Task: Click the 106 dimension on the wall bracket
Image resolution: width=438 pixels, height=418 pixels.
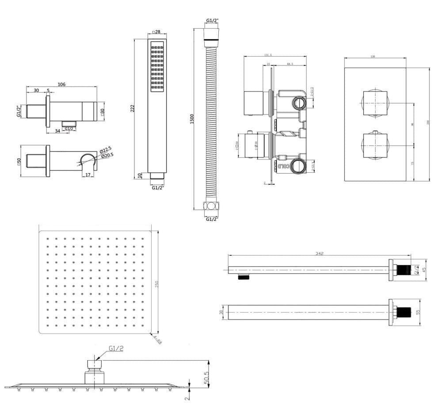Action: click(61, 84)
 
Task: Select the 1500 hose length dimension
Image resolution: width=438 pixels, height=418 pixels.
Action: click(192, 119)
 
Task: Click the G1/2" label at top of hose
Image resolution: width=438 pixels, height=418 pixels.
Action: click(212, 21)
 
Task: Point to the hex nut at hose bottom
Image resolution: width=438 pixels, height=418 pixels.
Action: click(212, 206)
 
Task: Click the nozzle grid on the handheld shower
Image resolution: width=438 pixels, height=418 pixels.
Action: click(157, 68)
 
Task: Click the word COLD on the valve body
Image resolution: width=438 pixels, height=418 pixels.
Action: click(283, 166)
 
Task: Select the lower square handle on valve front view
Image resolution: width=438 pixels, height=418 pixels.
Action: click(375, 144)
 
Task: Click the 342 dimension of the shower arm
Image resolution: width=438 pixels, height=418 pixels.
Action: click(320, 254)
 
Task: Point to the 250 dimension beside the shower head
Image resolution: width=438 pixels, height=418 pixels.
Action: click(156, 283)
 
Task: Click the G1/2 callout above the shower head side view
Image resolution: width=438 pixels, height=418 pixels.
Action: click(114, 349)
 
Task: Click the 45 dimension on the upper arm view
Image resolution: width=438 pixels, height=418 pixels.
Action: click(424, 270)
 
